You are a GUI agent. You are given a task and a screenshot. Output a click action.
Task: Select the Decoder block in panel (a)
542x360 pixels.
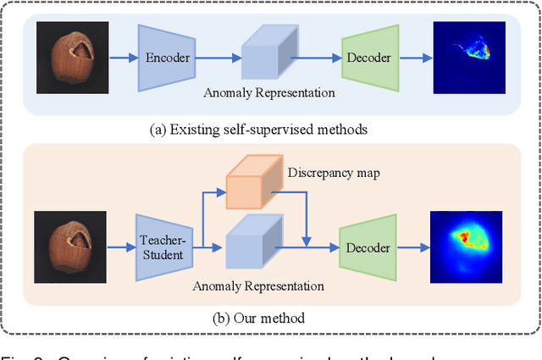coord(369,58)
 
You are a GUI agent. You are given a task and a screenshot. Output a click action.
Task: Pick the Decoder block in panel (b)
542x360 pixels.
coord(369,248)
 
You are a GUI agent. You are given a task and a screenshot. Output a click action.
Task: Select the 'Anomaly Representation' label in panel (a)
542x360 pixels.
coord(270,92)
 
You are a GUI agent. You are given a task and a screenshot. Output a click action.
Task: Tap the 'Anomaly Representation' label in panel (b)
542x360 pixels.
coord(259,285)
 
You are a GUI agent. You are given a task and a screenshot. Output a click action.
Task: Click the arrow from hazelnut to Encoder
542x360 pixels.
coord(121,58)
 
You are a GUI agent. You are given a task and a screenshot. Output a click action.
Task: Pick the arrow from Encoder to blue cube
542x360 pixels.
coord(218,58)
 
